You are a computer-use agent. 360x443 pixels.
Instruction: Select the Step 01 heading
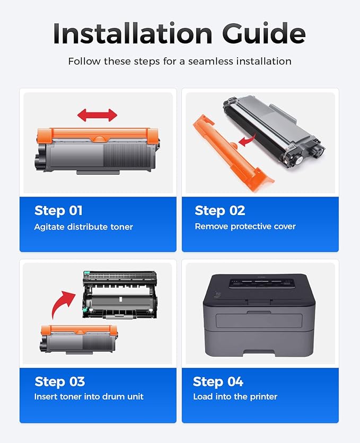58,210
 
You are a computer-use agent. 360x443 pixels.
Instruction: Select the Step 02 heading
219,210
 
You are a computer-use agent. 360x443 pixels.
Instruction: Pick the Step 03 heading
59,382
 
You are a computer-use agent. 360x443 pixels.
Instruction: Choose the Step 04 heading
218,382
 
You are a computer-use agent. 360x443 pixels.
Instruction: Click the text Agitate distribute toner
83,227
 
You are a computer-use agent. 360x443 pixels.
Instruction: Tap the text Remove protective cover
245,226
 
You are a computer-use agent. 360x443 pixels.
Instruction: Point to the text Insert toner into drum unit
89,396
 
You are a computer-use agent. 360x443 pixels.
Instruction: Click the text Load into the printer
235,396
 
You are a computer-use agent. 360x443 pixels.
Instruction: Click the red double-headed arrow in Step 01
97,115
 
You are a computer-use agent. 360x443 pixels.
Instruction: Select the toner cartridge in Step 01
97,149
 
